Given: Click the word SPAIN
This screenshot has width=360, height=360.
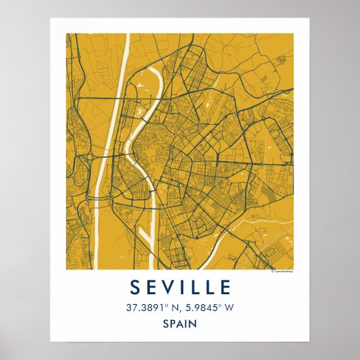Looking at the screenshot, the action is [x=179, y=325].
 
